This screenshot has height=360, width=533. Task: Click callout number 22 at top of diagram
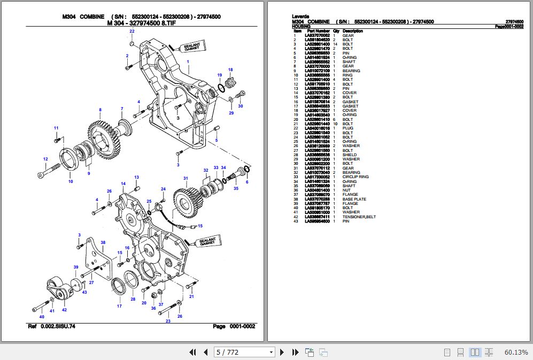pyautogui.click(x=132, y=32)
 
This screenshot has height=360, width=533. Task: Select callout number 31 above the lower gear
pyautogui.click(x=186, y=178)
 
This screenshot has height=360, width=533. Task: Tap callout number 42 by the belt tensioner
pyautogui.click(x=64, y=309)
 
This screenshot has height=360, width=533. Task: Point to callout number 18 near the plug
pyautogui.click(x=230, y=70)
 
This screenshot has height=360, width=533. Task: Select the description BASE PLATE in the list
pyautogui.click(x=353, y=199)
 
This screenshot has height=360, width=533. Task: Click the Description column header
pyautogui.click(x=352, y=31)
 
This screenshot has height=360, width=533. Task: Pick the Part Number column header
pyautogui.click(x=319, y=31)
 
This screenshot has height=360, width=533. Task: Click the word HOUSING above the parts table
pyautogui.click(x=300, y=26)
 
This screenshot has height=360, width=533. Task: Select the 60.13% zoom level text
pyautogui.click(x=516, y=352)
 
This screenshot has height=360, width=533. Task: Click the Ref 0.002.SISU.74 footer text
pyautogui.click(x=51, y=326)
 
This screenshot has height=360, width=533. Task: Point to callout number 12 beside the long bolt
pyautogui.click(x=45, y=159)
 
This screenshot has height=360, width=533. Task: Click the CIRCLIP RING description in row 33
pyautogui.click(x=356, y=177)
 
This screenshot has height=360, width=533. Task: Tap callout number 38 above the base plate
pyautogui.click(x=103, y=242)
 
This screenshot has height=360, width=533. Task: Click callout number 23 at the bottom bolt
pyautogui.click(x=168, y=321)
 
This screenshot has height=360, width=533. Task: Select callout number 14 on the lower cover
pyautogui.click(x=123, y=183)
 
